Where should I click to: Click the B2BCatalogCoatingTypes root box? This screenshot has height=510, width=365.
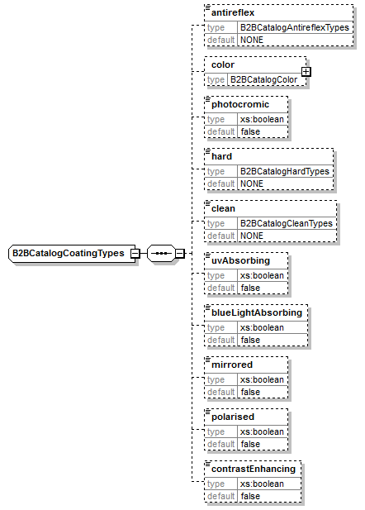69,252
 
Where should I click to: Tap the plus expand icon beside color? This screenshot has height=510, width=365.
306,72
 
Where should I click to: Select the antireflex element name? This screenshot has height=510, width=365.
233,12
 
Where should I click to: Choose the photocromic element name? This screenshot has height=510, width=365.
240,104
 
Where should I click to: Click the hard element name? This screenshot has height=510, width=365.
221,156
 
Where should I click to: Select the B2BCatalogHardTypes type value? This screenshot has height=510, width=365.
285,171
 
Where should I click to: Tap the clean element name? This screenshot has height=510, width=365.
224,208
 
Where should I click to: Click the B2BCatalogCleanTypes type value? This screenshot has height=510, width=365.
286,223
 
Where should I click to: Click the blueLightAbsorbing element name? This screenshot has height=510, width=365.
257,312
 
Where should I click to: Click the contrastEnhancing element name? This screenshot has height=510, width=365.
253,469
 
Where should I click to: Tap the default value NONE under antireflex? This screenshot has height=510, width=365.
252,40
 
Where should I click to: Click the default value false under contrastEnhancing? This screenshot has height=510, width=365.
250,496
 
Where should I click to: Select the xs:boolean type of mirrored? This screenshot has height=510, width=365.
262,379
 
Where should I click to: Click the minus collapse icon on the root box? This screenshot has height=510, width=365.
135,252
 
